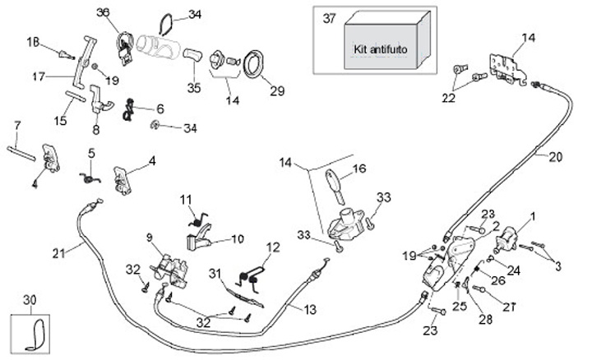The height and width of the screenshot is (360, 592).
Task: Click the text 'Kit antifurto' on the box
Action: tap(381, 50)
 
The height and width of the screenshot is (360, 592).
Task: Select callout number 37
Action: tap(330, 18)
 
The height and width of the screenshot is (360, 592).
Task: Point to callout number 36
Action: tap(103, 12)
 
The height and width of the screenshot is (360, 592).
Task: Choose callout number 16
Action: tap(359, 169)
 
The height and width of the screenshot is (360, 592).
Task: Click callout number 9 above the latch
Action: tap(150, 238)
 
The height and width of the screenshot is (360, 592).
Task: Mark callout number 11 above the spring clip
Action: tap(186, 198)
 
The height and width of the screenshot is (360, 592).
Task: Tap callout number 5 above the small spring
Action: tap(91, 152)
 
